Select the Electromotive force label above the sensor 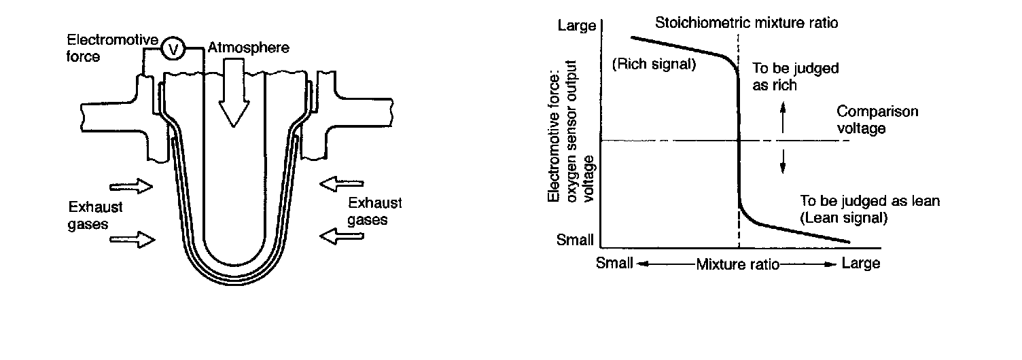pos(113,48)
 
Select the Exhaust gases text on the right pos(374,211)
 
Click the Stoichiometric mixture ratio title pos(747,23)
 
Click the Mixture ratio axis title pos(737,264)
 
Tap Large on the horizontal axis pos(861,263)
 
